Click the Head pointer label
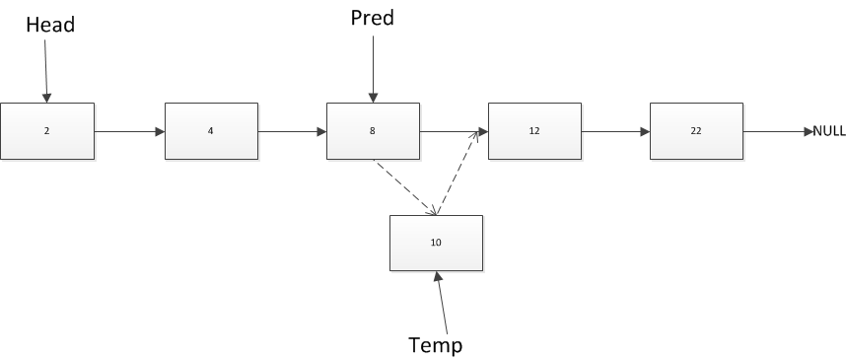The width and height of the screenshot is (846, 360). click(x=50, y=26)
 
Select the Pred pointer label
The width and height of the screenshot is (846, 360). click(x=372, y=18)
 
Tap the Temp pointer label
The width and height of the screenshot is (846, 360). click(x=435, y=344)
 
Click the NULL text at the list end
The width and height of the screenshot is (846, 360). click(x=828, y=131)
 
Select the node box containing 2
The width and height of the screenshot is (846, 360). click(x=47, y=130)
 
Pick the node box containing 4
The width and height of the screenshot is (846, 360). click(x=211, y=130)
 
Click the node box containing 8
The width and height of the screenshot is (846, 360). click(x=373, y=130)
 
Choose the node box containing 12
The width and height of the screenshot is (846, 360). click(x=534, y=130)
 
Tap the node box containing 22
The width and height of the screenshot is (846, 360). click(x=696, y=130)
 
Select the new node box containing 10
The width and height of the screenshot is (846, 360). click(x=436, y=243)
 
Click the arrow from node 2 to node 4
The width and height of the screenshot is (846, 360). click(x=129, y=131)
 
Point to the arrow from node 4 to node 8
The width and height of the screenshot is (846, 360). click(x=292, y=131)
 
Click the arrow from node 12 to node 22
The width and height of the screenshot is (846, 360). click(x=615, y=131)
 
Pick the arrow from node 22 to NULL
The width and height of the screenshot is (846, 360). click(x=777, y=131)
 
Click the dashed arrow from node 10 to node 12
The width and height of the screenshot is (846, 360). click(x=459, y=172)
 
